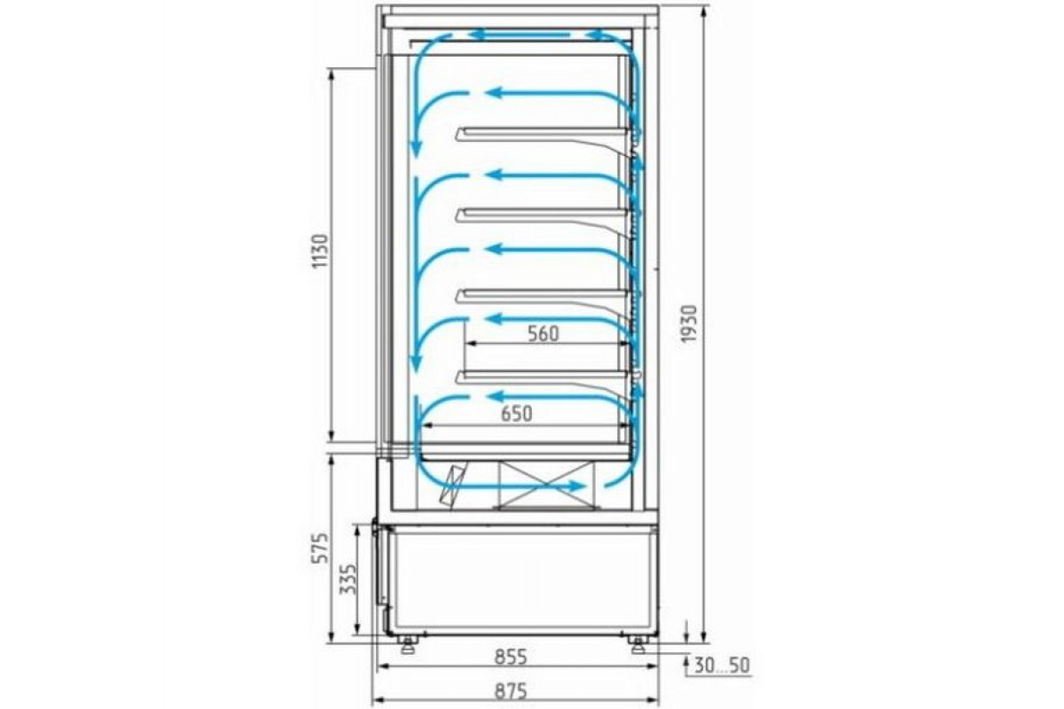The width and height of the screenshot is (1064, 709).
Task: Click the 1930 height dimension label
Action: click(688, 323)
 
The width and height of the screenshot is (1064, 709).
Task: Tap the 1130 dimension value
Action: click(320, 250)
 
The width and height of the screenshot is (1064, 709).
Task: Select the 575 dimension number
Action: click(319, 548)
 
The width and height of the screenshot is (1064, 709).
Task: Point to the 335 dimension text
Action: click(348, 579)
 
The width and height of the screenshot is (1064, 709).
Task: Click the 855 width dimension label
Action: click(511, 658)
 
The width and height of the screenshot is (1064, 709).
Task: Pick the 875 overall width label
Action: click(511, 691)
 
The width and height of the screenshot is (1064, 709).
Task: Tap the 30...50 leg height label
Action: click(722, 666)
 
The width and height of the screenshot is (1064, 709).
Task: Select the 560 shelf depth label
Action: click(544, 334)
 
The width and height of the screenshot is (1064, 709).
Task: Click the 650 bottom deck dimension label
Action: click(517, 414)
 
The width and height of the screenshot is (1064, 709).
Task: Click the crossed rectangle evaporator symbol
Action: click(546, 485)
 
